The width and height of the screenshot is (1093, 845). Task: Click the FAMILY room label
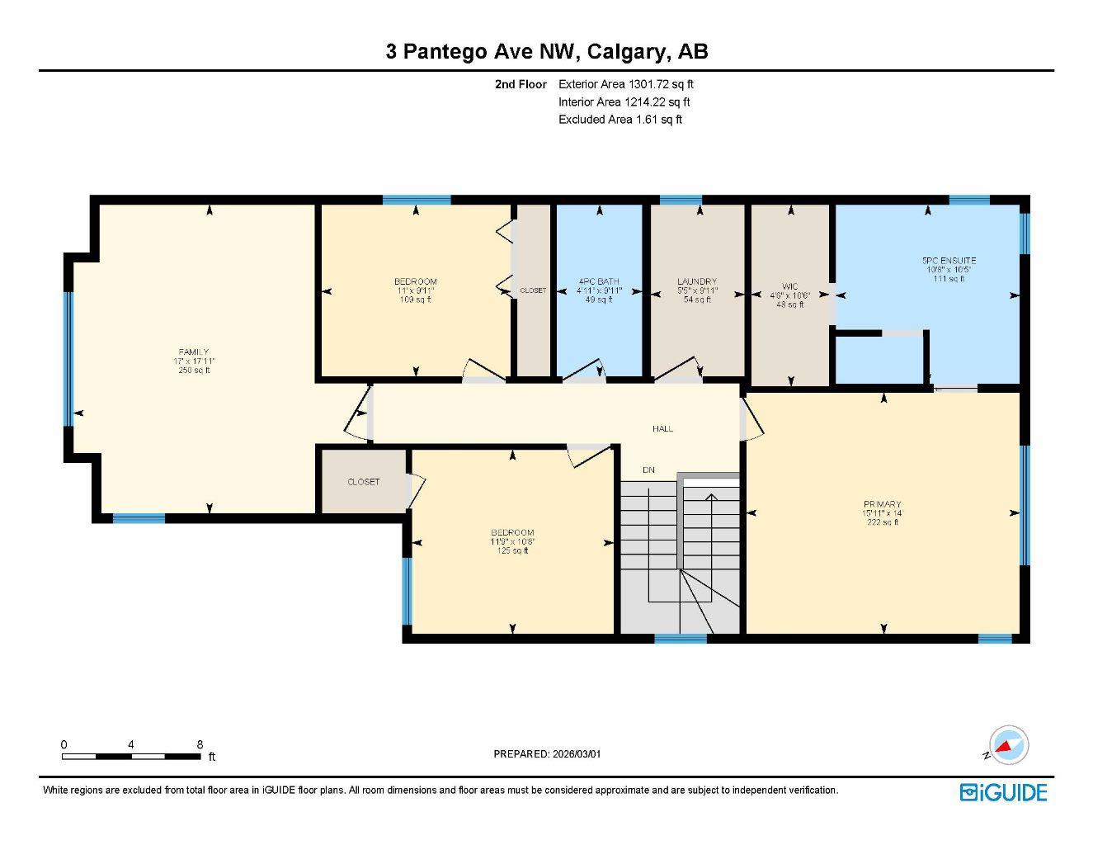[x=195, y=352]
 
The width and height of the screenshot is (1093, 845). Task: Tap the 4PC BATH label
[x=599, y=281]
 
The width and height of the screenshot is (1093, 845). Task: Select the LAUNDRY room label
[x=697, y=281]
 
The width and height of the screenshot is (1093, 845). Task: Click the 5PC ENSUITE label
[x=949, y=261]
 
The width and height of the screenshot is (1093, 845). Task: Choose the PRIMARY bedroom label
[x=882, y=504]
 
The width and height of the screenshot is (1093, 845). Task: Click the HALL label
[x=662, y=428]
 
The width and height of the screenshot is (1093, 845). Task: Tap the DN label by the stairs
[x=648, y=470]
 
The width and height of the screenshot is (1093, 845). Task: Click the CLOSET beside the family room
[x=363, y=482]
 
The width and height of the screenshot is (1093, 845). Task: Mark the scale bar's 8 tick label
[x=200, y=744]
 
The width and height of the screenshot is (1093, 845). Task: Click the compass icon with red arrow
[x=1009, y=745]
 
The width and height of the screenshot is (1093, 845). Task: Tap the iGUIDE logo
[x=1003, y=792]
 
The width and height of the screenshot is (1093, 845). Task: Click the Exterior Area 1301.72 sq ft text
[x=626, y=84]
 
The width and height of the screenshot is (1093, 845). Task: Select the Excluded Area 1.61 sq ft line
[x=620, y=120]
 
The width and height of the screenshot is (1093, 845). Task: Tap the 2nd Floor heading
[x=521, y=84]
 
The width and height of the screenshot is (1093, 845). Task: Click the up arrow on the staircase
[x=710, y=496]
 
